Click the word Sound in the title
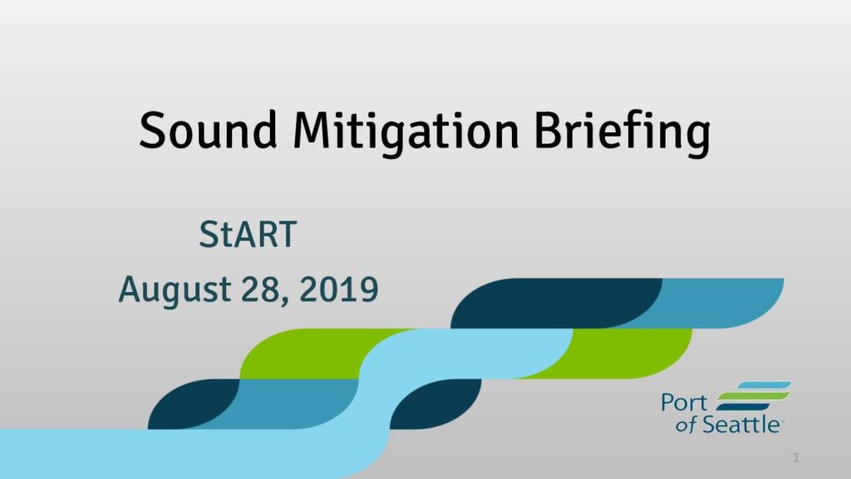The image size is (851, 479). (209, 131)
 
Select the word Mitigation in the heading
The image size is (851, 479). (406, 134)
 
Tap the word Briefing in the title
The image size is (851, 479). (622, 134)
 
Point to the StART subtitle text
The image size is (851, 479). (248, 235)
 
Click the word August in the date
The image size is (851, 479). (175, 290)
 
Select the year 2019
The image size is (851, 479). (339, 289)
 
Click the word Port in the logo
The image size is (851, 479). (684, 403)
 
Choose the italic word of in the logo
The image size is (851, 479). (686, 425)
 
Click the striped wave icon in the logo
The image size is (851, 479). (753, 396)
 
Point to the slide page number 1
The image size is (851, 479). (795, 457)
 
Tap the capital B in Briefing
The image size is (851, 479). (549, 131)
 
